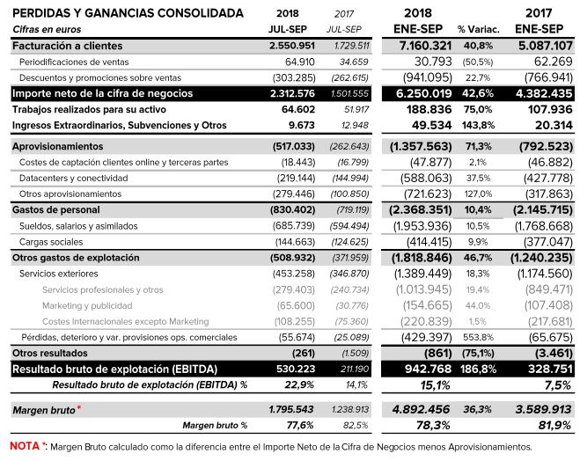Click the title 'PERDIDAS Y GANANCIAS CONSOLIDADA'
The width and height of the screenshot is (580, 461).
(x=128, y=13)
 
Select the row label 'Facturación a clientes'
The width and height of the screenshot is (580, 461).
(x=68, y=45)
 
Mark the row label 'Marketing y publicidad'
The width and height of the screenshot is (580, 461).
(x=84, y=305)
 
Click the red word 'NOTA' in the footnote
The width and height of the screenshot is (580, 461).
(x=24, y=446)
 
